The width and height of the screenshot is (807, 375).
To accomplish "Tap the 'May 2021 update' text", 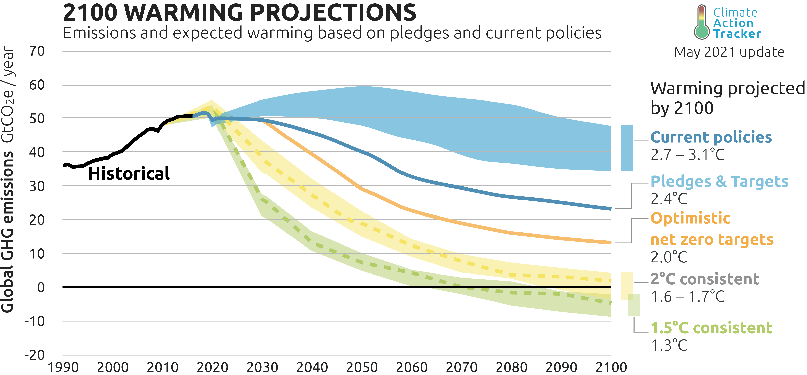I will tap(729, 52).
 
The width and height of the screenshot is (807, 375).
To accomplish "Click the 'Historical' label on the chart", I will tap(129, 174).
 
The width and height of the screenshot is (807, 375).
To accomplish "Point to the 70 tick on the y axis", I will tap(37, 51).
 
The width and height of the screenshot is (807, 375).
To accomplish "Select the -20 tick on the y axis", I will tap(34, 355).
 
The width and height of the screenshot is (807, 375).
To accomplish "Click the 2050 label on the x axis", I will tap(362, 367).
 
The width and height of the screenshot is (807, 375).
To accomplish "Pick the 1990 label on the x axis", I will tap(63, 367).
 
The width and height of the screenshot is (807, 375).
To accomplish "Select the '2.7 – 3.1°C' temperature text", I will tap(688, 154).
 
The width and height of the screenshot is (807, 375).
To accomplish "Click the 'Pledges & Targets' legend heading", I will tap(719, 181).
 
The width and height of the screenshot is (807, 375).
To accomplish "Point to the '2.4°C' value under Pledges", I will tap(669, 199).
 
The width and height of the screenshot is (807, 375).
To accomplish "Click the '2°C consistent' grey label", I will tap(705, 279).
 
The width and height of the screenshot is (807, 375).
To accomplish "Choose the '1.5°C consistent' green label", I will tap(711, 328).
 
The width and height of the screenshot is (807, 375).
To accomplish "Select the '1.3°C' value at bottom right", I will tap(669, 345).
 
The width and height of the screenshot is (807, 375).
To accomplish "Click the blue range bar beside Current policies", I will tap(627, 148).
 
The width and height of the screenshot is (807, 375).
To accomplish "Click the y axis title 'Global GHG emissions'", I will tap(7, 231).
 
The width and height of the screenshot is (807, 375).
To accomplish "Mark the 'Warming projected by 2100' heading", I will tap(727, 98).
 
